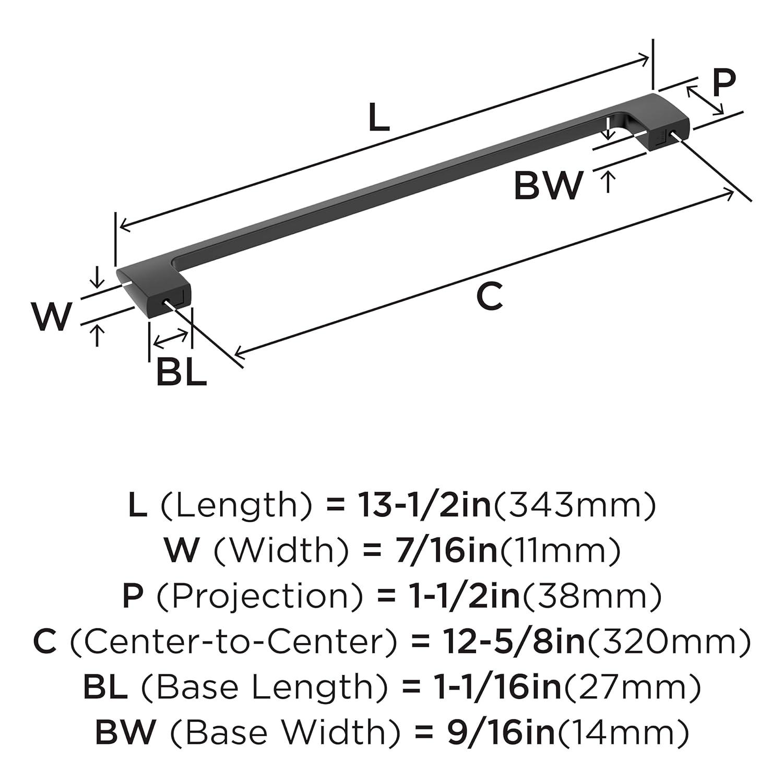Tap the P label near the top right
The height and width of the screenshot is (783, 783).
pos(724,81)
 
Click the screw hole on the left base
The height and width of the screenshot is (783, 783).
pos(167,302)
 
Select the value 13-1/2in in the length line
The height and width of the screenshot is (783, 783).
pos(424,505)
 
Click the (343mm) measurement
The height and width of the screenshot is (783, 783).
pos(574,505)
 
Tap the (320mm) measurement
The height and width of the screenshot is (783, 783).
pos(670,642)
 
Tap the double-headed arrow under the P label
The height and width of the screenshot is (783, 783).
pos(705,100)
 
